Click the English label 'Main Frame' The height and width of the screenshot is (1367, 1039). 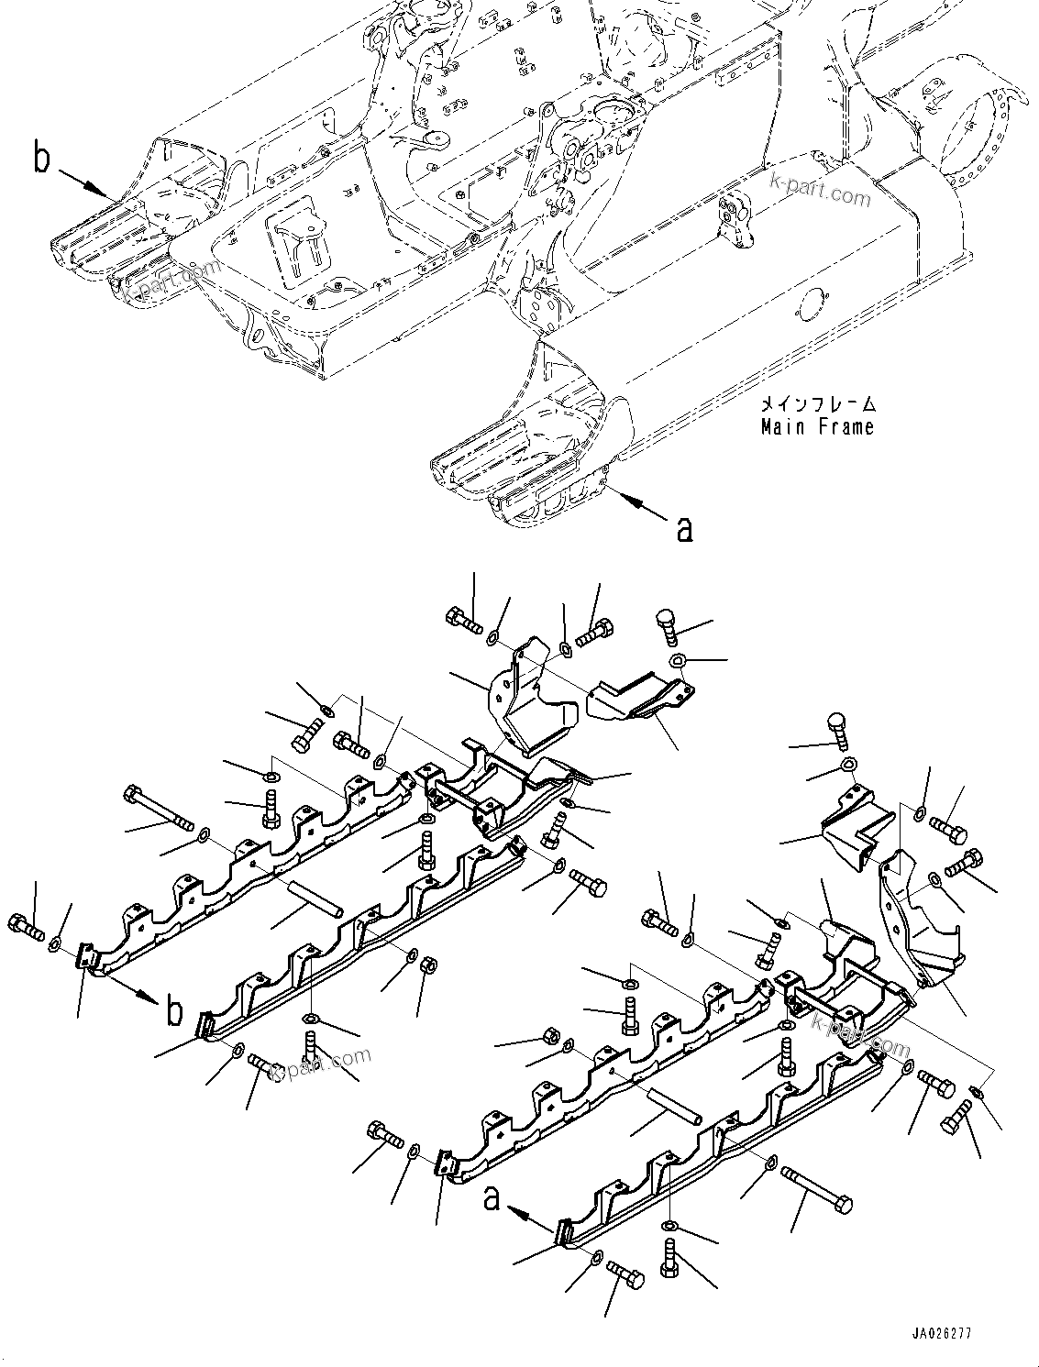click(x=816, y=426)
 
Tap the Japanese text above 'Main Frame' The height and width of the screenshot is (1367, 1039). click(x=816, y=404)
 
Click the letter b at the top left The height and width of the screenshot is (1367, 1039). click(x=41, y=158)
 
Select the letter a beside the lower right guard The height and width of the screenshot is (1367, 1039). click(x=492, y=1197)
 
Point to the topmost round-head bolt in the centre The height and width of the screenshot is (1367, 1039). click(x=667, y=627)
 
